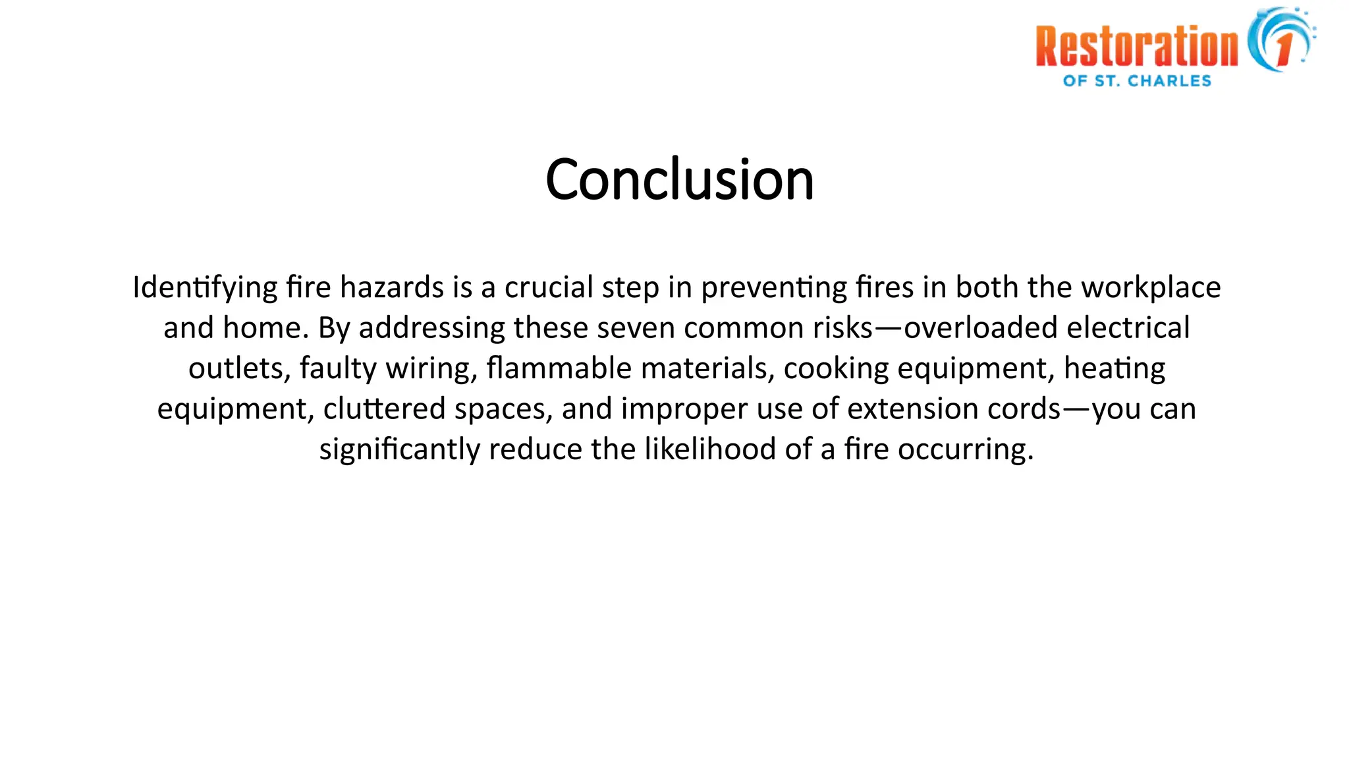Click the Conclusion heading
click(x=679, y=179)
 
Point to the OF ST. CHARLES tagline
click(x=1137, y=81)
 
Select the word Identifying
click(x=205, y=288)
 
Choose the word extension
click(x=912, y=409)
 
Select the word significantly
click(x=399, y=450)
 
